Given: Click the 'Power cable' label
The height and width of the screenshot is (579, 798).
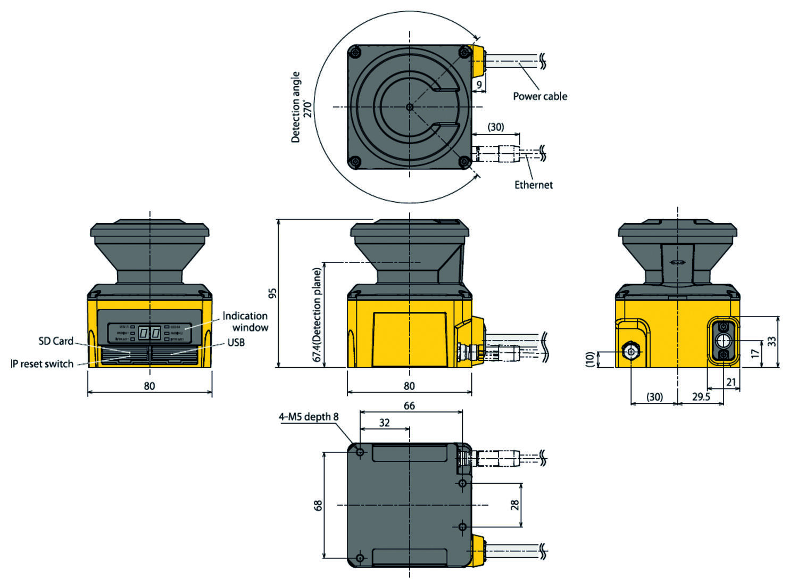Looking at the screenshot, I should [x=539, y=96].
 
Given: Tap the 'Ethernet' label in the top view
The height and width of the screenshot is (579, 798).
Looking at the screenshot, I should [x=533, y=185].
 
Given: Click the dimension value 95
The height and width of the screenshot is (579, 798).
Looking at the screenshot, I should [x=272, y=293].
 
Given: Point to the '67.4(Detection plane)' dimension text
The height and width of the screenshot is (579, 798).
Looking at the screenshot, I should [x=317, y=316].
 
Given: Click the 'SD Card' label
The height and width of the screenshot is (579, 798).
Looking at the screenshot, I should [x=56, y=341].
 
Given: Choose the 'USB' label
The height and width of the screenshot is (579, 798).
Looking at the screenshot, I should [x=236, y=342].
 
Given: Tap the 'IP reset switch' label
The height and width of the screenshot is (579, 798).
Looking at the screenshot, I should [x=42, y=364].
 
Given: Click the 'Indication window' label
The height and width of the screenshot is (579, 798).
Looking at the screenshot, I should [x=245, y=321].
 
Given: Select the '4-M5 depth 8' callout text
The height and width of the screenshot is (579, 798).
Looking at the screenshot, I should [x=309, y=417].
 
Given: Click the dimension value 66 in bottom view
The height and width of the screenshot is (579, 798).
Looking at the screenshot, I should [x=409, y=406].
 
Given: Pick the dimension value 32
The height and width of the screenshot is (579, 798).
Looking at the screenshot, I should [x=384, y=423].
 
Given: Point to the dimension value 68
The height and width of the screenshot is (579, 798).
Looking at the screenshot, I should [x=318, y=505].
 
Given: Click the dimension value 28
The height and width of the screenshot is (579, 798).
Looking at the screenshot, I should [x=514, y=505].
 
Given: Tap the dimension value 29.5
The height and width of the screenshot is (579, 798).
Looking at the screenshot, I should [x=701, y=396].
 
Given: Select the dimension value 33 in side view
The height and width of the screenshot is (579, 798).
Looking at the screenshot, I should [x=772, y=341].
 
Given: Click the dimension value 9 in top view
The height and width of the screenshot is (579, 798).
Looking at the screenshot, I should [x=479, y=85].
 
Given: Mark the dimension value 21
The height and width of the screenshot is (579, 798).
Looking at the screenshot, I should [x=731, y=382].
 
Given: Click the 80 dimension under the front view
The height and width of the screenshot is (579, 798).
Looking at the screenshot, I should [x=149, y=386].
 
